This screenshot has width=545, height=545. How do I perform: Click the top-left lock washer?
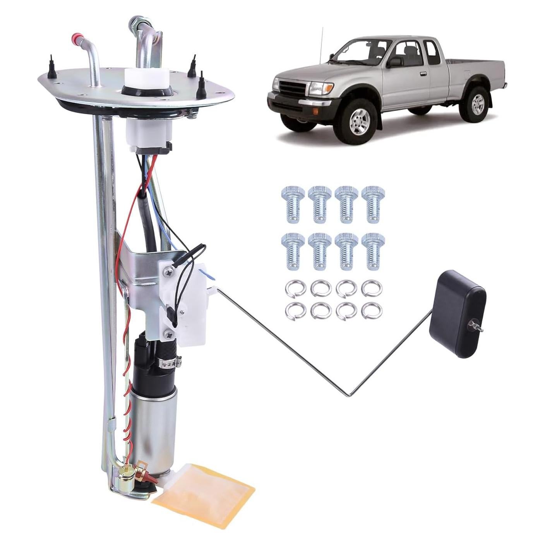292,288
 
